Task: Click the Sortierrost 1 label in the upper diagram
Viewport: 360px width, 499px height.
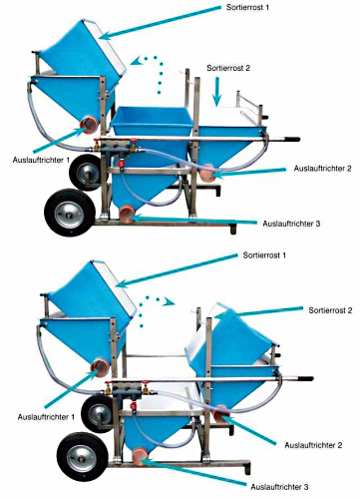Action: (x=247, y=7)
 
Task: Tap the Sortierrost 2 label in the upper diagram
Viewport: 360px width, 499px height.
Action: (x=228, y=68)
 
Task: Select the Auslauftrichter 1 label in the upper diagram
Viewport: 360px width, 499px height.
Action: (x=41, y=160)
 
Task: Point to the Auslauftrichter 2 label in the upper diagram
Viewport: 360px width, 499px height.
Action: (x=322, y=169)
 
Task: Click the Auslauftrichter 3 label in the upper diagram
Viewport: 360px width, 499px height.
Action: (x=291, y=224)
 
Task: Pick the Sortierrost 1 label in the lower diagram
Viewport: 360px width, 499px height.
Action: (x=264, y=255)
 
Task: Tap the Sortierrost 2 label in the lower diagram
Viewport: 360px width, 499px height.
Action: (x=330, y=310)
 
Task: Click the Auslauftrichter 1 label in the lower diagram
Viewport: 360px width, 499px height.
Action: (x=46, y=417)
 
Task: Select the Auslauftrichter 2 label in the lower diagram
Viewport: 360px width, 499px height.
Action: (x=313, y=445)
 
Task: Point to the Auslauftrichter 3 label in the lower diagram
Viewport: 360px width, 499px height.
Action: (x=279, y=487)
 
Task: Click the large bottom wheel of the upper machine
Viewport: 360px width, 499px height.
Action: (x=70, y=213)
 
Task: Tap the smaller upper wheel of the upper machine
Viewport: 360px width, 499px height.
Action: (x=83, y=173)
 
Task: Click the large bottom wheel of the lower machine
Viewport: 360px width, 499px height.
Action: (x=82, y=457)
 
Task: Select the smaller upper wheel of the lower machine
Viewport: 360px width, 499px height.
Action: (x=98, y=414)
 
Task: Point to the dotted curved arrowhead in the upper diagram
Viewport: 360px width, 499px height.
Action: (x=138, y=61)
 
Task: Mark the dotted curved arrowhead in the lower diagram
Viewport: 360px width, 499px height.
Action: (x=170, y=302)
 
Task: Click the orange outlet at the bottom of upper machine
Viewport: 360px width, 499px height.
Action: (x=128, y=214)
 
